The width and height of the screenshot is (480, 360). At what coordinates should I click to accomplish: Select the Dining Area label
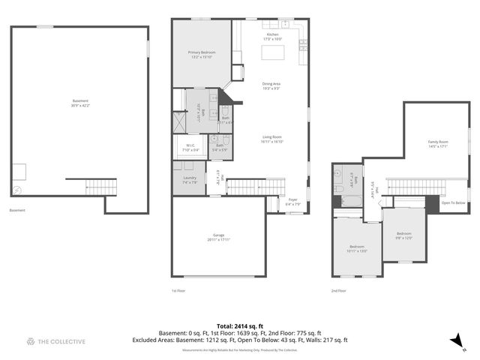click(x=271, y=85)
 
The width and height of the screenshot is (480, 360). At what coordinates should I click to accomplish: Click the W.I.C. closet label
click(x=190, y=148)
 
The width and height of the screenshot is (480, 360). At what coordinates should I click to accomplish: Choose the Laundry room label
click(x=190, y=179)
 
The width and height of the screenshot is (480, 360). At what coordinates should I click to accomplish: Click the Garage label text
click(x=220, y=237)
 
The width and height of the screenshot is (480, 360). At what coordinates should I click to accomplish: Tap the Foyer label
click(x=292, y=201)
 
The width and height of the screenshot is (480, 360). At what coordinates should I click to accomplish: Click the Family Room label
click(x=438, y=143)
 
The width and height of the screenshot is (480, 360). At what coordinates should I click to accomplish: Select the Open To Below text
click(x=454, y=202)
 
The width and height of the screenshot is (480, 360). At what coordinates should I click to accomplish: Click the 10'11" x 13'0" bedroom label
click(x=358, y=249)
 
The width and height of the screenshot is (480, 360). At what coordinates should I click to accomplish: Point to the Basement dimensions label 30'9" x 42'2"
click(x=80, y=103)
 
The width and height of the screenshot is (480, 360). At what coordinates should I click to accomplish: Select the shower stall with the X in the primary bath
click(x=180, y=121)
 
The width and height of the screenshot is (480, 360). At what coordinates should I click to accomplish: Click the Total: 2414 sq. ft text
click(x=239, y=325)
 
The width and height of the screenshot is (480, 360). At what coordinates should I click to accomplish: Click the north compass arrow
click(x=454, y=341)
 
